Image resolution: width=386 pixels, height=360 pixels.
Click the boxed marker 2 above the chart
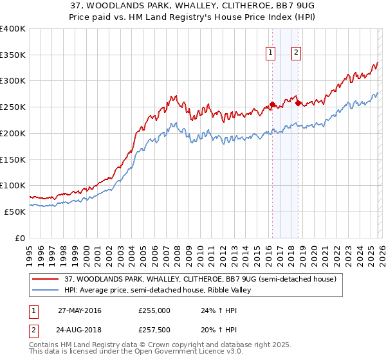click(296, 53)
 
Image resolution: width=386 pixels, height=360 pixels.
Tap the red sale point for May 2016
click(272, 105)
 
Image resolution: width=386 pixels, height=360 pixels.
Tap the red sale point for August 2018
click(298, 104)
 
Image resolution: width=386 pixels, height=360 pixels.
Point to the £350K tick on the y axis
click(13, 55)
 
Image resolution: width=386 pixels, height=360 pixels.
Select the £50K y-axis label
click(15, 212)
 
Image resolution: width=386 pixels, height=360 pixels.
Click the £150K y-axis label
click(13, 159)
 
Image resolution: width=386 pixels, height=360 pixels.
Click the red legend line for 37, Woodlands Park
click(46, 279)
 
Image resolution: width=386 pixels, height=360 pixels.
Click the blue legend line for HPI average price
click(46, 291)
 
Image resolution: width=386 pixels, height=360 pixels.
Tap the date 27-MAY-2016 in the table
click(79, 310)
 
